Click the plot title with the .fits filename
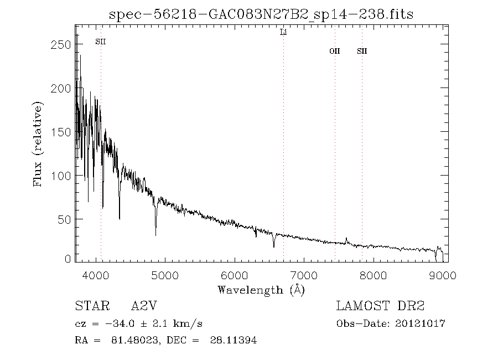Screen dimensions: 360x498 coord(261,14)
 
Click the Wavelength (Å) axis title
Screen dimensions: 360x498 coord(261,290)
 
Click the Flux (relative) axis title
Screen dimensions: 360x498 coord(38,143)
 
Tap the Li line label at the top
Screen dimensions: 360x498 coord(283,33)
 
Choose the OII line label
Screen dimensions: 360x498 coord(335,51)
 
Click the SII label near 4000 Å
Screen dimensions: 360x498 coord(101,42)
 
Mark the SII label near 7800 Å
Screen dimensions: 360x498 coord(362,51)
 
